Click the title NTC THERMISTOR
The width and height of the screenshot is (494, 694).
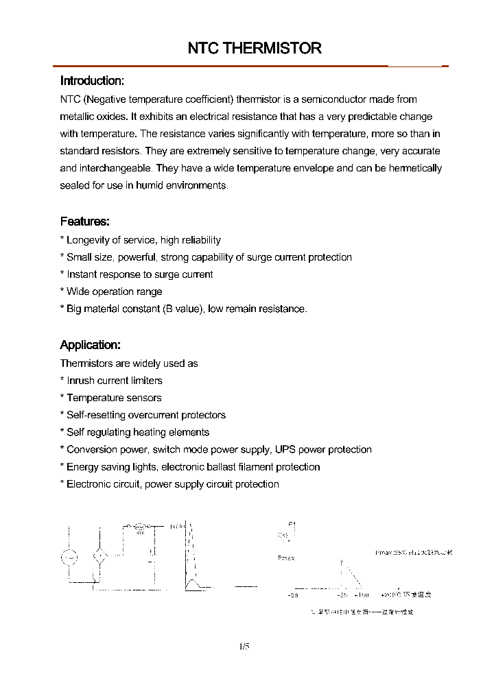pos(255,48)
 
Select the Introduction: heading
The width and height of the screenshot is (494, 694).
pos(92,80)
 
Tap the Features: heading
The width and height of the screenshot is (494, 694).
pos(84,222)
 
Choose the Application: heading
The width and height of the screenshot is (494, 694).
pos(90,345)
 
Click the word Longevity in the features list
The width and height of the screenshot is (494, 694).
pos(89,240)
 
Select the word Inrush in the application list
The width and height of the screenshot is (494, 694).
pos(80,381)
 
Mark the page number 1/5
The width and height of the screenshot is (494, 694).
pos(244,645)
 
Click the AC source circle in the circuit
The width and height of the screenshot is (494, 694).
pos(69,557)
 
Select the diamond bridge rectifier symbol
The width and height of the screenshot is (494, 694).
pos(100,557)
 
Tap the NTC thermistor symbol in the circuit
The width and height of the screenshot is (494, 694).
pos(141,527)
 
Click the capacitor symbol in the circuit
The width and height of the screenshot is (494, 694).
pos(152,559)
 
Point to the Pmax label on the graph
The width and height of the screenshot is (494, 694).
pos(286,558)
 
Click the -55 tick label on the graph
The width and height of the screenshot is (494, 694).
pos(292,595)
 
